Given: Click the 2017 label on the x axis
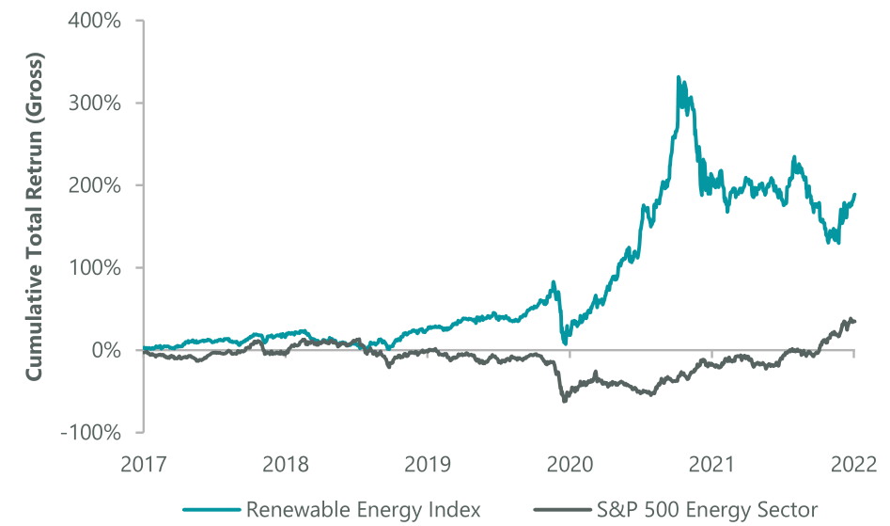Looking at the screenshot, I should pos(144,464).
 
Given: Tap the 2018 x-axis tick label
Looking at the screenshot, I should pos(286,464).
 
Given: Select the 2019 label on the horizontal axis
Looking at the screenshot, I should pos(428,464).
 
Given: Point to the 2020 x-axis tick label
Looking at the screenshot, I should pos(570,464).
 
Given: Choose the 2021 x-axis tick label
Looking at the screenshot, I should pos(711,464).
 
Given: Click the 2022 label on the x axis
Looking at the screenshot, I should pos(853,464).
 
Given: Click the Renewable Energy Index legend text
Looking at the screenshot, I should pos(363,510).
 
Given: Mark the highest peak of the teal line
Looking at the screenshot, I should pos(679,77).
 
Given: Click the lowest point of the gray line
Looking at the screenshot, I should pos(564,402).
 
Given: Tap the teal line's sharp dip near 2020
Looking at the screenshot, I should pos(565,343).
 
